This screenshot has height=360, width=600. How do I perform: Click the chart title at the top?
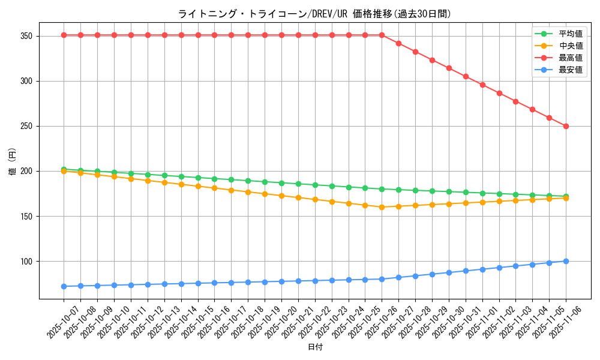314,14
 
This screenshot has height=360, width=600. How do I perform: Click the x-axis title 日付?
315,347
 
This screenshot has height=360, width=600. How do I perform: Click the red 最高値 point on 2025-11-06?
566,126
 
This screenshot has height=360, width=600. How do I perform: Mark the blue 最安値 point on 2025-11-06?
566,261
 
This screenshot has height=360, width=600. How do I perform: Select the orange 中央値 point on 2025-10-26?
382,207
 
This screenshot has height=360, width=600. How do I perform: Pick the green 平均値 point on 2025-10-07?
64,169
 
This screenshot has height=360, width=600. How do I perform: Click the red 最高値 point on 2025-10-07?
64,35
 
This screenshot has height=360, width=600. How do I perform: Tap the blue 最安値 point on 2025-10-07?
64,286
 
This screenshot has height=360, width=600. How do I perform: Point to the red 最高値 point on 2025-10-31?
466,76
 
